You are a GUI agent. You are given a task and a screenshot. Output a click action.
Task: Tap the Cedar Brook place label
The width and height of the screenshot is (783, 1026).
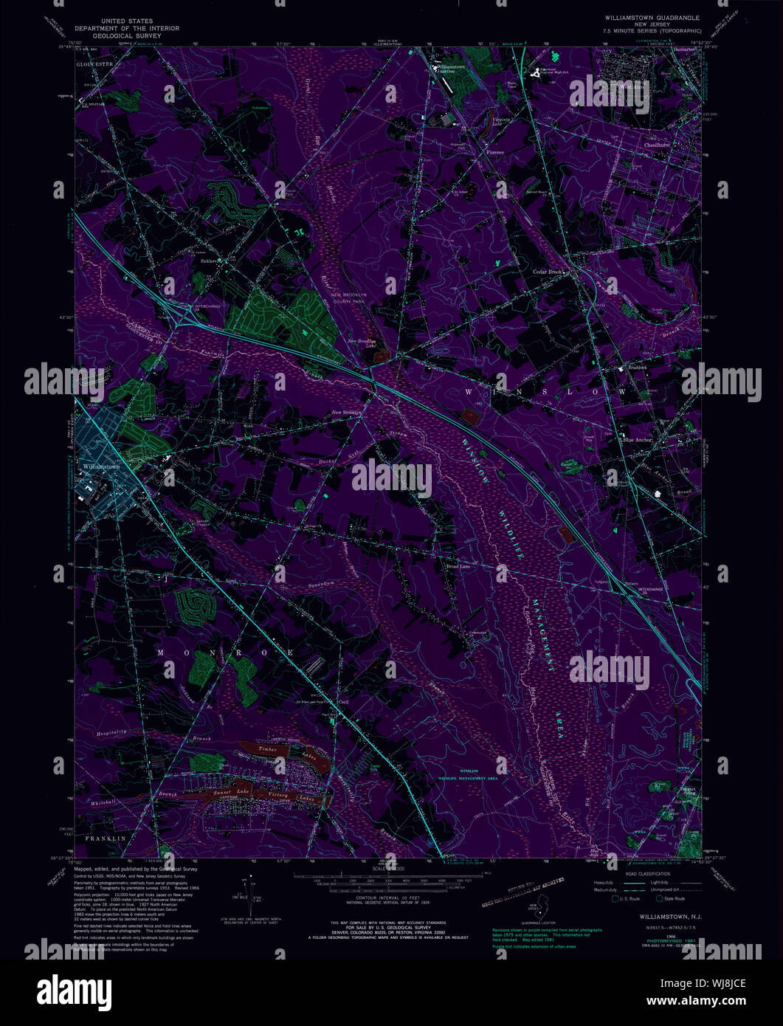click(548, 272)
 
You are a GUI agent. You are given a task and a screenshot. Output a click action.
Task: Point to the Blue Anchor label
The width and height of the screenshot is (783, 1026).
click(638, 440)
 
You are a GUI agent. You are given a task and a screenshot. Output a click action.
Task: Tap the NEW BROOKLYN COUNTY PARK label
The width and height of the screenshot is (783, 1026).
click(349, 298)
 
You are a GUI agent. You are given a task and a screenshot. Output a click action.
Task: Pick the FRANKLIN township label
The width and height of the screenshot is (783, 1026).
click(106, 839)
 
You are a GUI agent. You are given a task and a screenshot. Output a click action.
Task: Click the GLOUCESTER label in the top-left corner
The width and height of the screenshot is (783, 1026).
click(93, 64)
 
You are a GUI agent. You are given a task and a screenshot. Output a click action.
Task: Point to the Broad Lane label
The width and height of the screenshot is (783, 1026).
click(458, 567)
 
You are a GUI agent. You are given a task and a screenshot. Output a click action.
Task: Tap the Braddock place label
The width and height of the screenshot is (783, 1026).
click(638, 367)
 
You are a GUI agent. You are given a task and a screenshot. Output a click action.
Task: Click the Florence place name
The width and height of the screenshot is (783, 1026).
click(494, 152)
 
